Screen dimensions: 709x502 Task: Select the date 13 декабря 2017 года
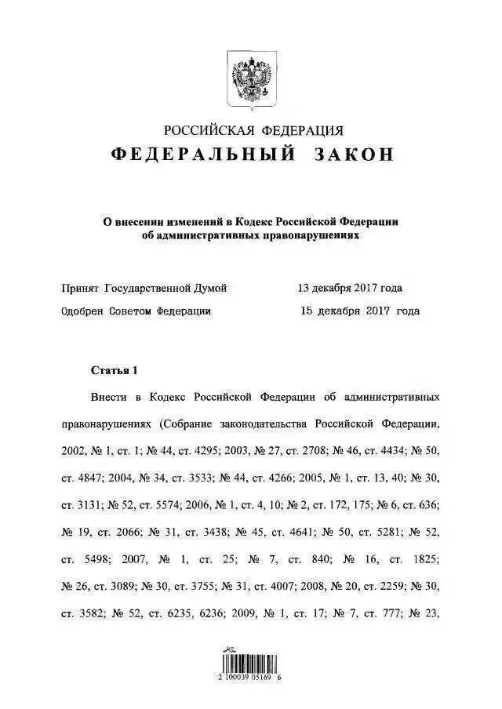click(350, 289)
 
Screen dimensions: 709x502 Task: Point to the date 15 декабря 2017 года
click(360, 311)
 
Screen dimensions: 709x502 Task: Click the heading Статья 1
click(115, 369)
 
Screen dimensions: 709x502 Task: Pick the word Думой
click(211, 289)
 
